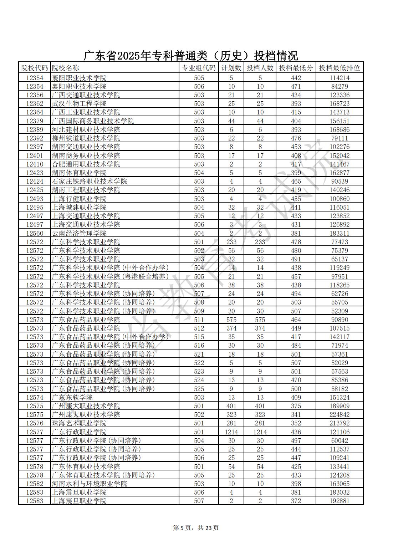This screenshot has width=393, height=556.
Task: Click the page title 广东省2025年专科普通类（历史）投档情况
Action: pyautogui.click(x=191, y=56)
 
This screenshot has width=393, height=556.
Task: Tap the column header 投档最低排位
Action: pyautogui.click(x=339, y=68)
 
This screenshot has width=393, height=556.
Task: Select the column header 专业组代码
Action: pyautogui.click(x=199, y=68)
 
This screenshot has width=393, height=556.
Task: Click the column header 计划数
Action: pyautogui.click(x=231, y=68)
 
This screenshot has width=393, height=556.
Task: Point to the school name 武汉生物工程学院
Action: pyautogui.click(x=79, y=104)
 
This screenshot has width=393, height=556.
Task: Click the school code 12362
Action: pyautogui.click(x=35, y=104)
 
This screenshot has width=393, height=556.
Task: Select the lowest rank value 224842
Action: pyautogui.click(x=339, y=414)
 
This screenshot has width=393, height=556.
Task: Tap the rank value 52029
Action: pyautogui.click(x=339, y=363)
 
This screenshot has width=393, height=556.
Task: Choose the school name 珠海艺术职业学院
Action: pyautogui.click(x=79, y=423)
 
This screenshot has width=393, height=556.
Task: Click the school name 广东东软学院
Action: pyautogui.click(x=72, y=397)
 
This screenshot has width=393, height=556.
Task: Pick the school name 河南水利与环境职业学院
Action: pyautogui.click(x=90, y=484)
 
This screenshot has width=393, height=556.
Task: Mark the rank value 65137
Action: pyautogui.click(x=339, y=259)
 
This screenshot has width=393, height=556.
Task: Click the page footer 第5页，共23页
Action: pyautogui.click(x=196, y=528)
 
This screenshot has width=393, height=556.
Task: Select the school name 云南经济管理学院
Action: pyautogui.click(x=79, y=233)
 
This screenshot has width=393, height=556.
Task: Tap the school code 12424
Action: pyautogui.click(x=35, y=181)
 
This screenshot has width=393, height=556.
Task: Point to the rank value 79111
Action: pyautogui.click(x=339, y=138)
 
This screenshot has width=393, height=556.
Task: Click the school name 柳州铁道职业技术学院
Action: pyautogui.click(x=86, y=138)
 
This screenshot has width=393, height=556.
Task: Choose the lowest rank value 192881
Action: pyautogui.click(x=339, y=501)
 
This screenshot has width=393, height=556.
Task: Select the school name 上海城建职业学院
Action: pyautogui.click(x=79, y=207)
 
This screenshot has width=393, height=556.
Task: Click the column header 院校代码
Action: pyautogui.click(x=35, y=68)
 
